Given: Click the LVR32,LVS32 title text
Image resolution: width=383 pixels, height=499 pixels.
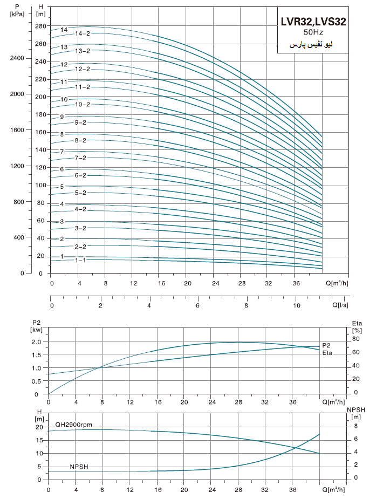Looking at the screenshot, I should pos(313,22).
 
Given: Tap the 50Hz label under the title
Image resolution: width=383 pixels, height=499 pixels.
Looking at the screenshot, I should pos(313,33).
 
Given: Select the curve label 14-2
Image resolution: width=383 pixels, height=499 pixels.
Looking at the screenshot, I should pos(82,33).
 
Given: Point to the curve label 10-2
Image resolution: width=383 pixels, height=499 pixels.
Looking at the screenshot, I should pos(82,104).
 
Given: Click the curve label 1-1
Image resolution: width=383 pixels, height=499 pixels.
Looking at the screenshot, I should pos(80,260).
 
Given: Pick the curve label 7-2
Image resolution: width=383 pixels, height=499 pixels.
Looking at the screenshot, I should pos(80,158).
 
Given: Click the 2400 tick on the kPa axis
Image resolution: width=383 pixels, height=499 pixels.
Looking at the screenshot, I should pos(18,58).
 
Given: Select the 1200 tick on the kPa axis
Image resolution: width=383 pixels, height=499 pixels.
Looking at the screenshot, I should pos(18,166).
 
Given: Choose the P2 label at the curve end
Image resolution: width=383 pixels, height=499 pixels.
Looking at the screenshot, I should pos(326,345).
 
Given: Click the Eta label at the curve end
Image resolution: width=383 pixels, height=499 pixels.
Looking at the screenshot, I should pos(327,353).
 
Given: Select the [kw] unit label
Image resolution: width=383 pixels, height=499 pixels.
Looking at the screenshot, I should pos(36,329).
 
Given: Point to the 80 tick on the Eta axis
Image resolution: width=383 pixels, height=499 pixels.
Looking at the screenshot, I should pos(356,339).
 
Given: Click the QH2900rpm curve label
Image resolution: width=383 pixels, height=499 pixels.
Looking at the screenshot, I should pos(73,425).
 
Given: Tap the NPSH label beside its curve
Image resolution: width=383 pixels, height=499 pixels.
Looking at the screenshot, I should pos(79,466).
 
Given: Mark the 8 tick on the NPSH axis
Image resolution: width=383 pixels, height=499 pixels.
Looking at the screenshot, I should pos(356,426).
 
